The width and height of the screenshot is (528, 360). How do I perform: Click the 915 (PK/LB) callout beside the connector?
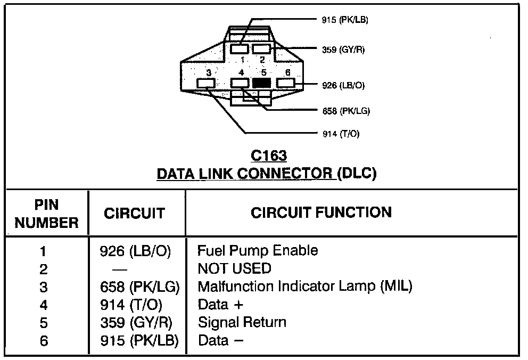pyautogui.click(x=345, y=20)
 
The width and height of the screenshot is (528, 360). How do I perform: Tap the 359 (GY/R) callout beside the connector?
pyautogui.click(x=343, y=50)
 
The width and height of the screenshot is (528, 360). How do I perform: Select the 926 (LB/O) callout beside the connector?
pyautogui.click(x=343, y=85)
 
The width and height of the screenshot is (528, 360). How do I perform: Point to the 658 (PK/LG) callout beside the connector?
pyautogui.click(x=346, y=111)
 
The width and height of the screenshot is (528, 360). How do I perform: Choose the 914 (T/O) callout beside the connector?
pyautogui.click(x=341, y=134)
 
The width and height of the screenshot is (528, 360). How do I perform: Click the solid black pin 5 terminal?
pyautogui.click(x=261, y=83)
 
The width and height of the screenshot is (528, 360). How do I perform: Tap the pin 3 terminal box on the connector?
pyautogui.click(x=206, y=83)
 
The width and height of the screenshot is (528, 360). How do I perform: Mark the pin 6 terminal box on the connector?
pyautogui.click(x=285, y=83)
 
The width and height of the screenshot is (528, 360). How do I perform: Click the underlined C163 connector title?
pyautogui.click(x=269, y=156)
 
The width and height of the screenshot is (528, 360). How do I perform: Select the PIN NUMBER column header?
pyautogui.click(x=46, y=214)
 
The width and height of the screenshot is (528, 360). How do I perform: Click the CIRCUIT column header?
pyautogui.click(x=134, y=213)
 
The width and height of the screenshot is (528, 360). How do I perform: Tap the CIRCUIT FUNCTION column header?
pyautogui.click(x=321, y=212)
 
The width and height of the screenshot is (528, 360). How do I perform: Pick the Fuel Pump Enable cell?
pyautogui.click(x=258, y=250)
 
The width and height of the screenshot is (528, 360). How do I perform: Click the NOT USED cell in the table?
pyautogui.click(x=234, y=268)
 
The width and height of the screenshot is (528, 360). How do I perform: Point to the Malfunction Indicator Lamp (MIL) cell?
pyautogui.click(x=305, y=287)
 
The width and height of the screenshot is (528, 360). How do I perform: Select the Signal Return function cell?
pyautogui.click(x=242, y=322)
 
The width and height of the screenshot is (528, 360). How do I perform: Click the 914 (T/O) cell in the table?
pyautogui.click(x=131, y=305)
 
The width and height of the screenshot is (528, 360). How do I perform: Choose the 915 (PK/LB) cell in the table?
pyautogui.click(x=139, y=340)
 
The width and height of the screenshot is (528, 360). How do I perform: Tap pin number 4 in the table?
pyautogui.click(x=44, y=305)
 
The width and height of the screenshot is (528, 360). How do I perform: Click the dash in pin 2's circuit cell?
pyautogui.click(x=120, y=269)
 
